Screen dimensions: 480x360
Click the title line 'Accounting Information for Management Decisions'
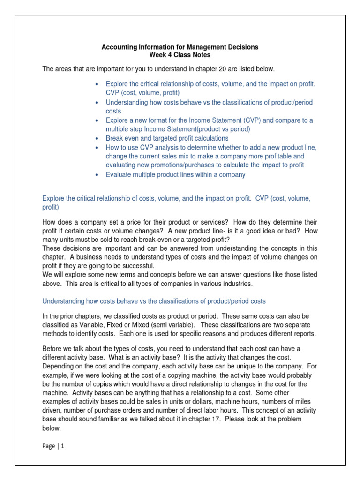pyautogui.click(x=180, y=47)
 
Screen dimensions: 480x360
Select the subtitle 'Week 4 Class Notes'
pyautogui.click(x=180, y=55)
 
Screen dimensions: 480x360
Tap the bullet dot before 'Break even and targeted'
pyautogui.click(x=96, y=139)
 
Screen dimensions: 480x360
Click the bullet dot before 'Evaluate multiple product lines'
pyautogui.click(x=96, y=175)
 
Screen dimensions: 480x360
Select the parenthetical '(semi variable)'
pyautogui.click(x=180, y=325)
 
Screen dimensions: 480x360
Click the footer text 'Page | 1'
pyautogui.click(x=53, y=446)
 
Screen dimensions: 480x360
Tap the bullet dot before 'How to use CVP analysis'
pyautogui.click(x=96, y=148)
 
